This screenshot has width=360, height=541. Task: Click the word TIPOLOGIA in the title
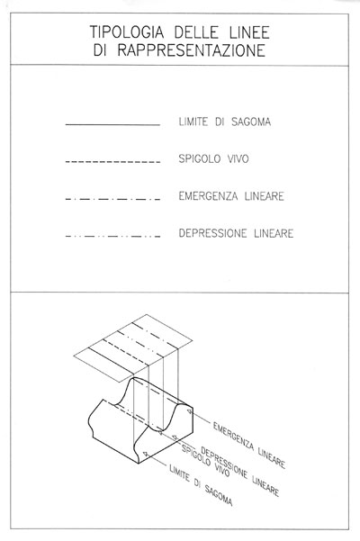point(127,32)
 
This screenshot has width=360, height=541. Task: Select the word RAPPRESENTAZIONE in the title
point(192,50)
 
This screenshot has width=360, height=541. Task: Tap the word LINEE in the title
point(249,32)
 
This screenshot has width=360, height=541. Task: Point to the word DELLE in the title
point(196,32)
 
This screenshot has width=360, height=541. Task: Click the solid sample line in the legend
point(112,124)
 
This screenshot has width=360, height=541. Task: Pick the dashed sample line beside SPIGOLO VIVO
point(112,161)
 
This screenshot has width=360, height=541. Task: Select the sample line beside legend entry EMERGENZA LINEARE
point(112,199)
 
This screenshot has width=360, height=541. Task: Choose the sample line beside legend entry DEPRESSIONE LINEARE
point(112,237)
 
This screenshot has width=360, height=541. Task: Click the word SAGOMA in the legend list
point(251,122)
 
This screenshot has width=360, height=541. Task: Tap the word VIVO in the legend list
point(238,159)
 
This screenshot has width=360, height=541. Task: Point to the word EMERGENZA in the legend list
point(208,196)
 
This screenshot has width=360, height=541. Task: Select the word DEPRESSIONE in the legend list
point(212,233)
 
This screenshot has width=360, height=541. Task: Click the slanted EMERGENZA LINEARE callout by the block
point(249,446)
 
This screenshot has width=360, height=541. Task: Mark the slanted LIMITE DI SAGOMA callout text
point(201,485)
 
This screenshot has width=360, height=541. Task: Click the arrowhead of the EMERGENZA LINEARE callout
point(189,410)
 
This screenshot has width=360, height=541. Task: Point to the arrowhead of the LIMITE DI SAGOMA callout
point(146,454)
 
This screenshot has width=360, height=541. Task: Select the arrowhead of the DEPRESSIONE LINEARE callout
point(175,438)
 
